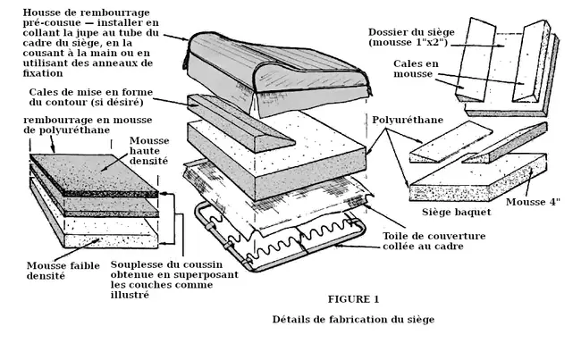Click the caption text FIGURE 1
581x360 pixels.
[353, 298]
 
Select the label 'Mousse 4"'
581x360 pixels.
[544, 202]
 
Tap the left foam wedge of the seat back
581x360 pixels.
[475, 63]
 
